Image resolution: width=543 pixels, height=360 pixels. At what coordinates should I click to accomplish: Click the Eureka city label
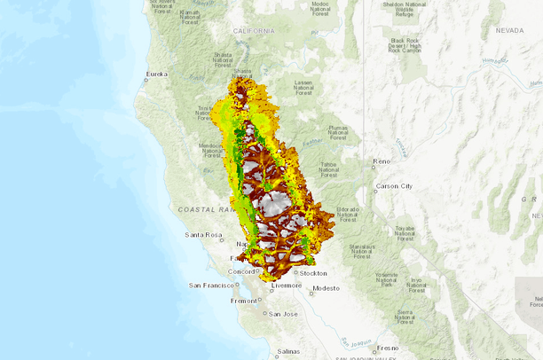click(157, 74)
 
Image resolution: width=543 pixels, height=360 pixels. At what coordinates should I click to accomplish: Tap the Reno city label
click(381, 161)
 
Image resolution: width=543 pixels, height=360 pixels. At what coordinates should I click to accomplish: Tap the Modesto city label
click(326, 288)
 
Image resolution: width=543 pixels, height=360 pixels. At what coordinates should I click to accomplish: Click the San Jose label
click(283, 314)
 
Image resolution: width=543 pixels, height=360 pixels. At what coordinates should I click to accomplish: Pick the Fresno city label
click(387, 348)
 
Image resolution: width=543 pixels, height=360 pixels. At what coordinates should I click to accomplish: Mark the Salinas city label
click(287, 352)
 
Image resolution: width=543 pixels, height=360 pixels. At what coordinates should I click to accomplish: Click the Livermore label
click(286, 286)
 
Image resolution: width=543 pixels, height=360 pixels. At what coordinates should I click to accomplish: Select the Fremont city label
click(243, 301)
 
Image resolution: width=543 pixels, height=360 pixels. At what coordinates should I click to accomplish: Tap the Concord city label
click(243, 271)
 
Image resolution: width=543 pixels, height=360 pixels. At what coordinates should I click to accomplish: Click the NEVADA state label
click(509, 30)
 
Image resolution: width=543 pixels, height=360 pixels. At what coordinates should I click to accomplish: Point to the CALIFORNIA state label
click(254, 30)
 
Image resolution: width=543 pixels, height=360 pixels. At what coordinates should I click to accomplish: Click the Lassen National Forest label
click(303, 86)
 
